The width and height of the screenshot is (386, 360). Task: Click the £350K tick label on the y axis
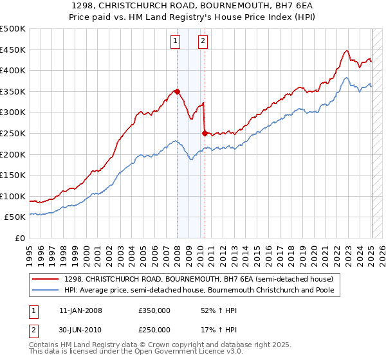pos(13,91)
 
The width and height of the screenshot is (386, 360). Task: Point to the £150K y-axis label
pos(13,175)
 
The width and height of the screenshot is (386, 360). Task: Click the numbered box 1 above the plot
pos(175,42)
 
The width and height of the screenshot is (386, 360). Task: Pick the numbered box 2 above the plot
pos(203,42)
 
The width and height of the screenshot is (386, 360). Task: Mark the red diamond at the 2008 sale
pos(177,91)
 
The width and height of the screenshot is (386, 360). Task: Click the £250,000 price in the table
pos(154,330)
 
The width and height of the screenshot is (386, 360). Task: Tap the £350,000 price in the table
pos(154,310)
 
